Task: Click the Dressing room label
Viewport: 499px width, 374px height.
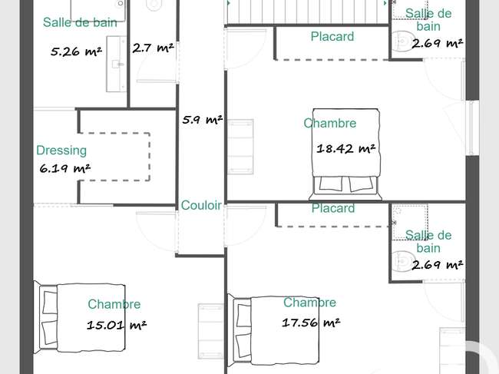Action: coord(61,151)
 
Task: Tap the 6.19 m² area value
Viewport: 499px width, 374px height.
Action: coord(65,168)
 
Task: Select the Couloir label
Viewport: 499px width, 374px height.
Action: coord(201,205)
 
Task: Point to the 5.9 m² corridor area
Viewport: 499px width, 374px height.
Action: coord(203,120)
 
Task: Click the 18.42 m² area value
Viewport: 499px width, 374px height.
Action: coord(346,148)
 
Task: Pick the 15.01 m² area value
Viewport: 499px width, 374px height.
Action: coord(117,325)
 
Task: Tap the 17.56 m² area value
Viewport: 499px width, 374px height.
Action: coord(311,323)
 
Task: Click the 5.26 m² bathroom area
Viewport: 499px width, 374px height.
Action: coord(76,51)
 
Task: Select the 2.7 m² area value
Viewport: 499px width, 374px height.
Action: coord(153,48)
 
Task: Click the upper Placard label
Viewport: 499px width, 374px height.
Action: coord(332,36)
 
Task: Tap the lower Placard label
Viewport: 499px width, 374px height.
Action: coord(333,208)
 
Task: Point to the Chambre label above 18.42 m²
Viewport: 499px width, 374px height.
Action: coord(329,123)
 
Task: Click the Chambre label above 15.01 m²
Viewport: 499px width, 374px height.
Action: coord(114,304)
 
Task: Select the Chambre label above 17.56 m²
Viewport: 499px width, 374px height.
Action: coord(309,303)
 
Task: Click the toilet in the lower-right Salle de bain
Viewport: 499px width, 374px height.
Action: coord(402,262)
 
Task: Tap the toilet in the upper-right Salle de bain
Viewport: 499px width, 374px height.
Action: coord(402,41)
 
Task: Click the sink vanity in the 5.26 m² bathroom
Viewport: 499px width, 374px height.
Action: coord(116,64)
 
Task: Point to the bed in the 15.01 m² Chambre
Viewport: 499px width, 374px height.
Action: coord(79,318)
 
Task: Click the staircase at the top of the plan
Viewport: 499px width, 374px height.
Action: coord(307,12)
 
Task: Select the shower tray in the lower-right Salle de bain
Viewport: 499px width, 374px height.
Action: coord(410,222)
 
